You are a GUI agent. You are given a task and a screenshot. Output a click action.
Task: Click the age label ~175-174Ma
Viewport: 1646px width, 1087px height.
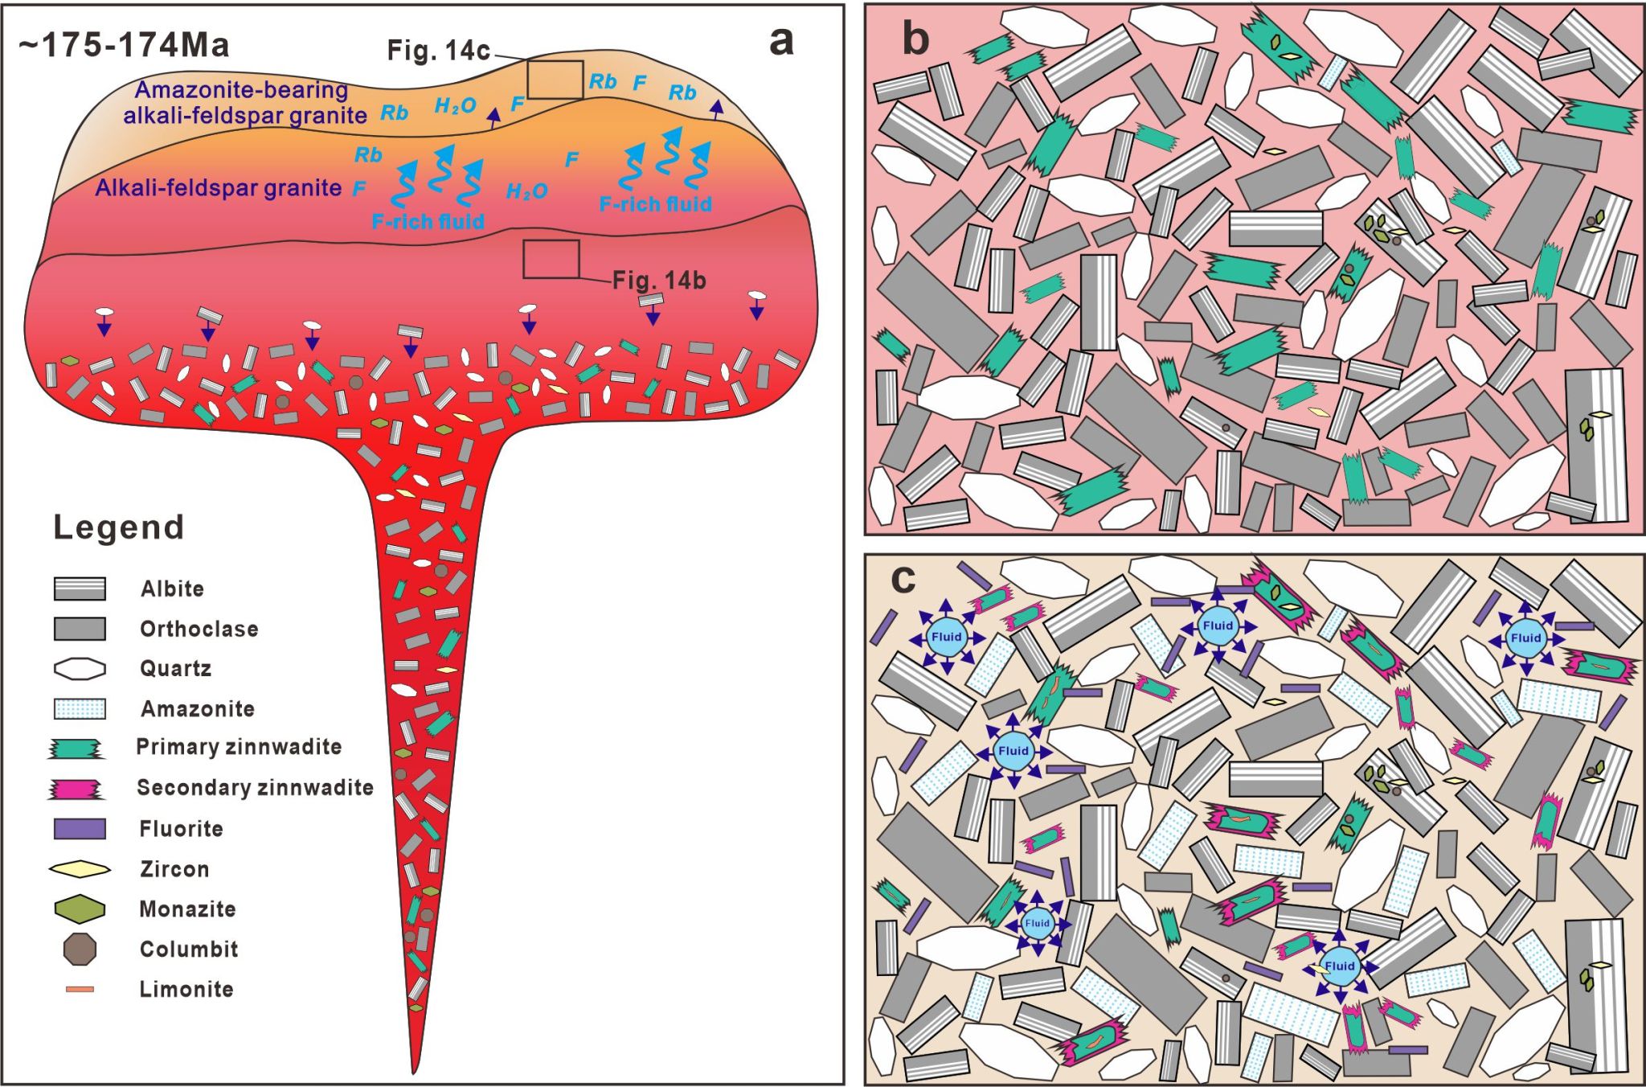pos(124,45)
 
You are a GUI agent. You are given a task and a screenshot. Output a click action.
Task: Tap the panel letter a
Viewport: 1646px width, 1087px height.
pos(781,40)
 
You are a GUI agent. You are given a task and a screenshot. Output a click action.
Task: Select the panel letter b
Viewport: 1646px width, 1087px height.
pos(915,38)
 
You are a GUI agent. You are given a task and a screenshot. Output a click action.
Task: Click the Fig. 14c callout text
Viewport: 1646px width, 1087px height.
pos(438,51)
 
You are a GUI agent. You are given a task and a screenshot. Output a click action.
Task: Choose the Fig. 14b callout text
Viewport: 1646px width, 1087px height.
pos(659,281)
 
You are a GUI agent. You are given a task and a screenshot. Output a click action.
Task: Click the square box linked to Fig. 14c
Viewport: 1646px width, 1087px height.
pos(555,80)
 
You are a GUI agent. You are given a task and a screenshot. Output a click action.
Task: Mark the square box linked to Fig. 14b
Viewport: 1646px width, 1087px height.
pos(551,259)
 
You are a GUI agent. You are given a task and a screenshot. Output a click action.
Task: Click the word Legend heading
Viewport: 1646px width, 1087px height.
pos(119,527)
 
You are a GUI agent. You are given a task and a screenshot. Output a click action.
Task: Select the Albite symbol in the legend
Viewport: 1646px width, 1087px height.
pos(80,589)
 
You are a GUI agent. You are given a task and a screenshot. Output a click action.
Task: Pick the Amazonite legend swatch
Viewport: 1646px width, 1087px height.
pos(80,708)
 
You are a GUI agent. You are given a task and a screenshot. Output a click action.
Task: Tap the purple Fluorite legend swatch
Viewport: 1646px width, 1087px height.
pos(80,829)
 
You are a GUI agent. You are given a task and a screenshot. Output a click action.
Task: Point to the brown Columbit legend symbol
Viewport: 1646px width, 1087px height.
pos(80,949)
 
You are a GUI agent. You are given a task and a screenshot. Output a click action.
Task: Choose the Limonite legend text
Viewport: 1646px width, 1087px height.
pos(186,989)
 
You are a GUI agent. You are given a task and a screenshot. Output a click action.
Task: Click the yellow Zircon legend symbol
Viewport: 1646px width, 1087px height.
pos(80,869)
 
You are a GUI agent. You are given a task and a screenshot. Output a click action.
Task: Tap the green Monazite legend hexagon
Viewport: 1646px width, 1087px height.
pos(80,909)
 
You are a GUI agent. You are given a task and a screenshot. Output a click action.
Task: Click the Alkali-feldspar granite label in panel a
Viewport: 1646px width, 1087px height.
pos(218,188)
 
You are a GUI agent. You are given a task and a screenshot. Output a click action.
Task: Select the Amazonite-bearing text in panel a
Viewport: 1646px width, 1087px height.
pos(241,90)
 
